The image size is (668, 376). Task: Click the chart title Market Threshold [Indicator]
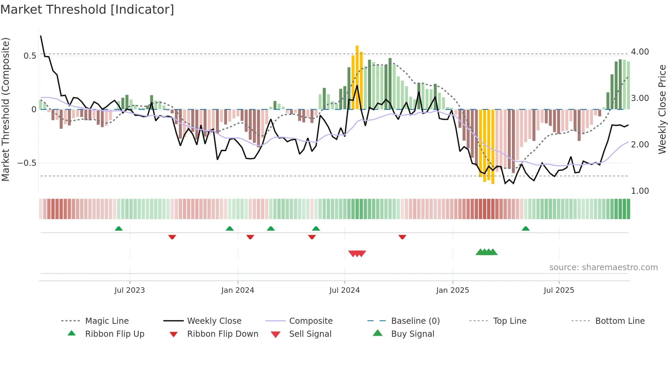[87, 10]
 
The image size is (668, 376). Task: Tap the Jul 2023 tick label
[130, 290]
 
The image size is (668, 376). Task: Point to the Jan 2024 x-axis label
[238, 290]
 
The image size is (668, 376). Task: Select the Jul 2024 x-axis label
[345, 290]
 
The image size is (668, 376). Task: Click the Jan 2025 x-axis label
[453, 290]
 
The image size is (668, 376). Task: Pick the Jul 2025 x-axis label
[559, 290]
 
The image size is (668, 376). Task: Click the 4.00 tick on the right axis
[640, 52]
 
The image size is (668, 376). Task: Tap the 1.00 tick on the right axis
[640, 191]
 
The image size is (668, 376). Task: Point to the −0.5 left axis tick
[27, 163]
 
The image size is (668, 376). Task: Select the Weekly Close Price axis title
[662, 109]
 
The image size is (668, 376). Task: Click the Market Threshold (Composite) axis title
[5, 109]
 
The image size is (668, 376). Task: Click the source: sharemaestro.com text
[603, 267]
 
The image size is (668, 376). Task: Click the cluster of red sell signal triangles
[357, 254]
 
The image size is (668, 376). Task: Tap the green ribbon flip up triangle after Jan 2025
[526, 229]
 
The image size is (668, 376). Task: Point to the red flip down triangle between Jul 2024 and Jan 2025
[402, 237]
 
